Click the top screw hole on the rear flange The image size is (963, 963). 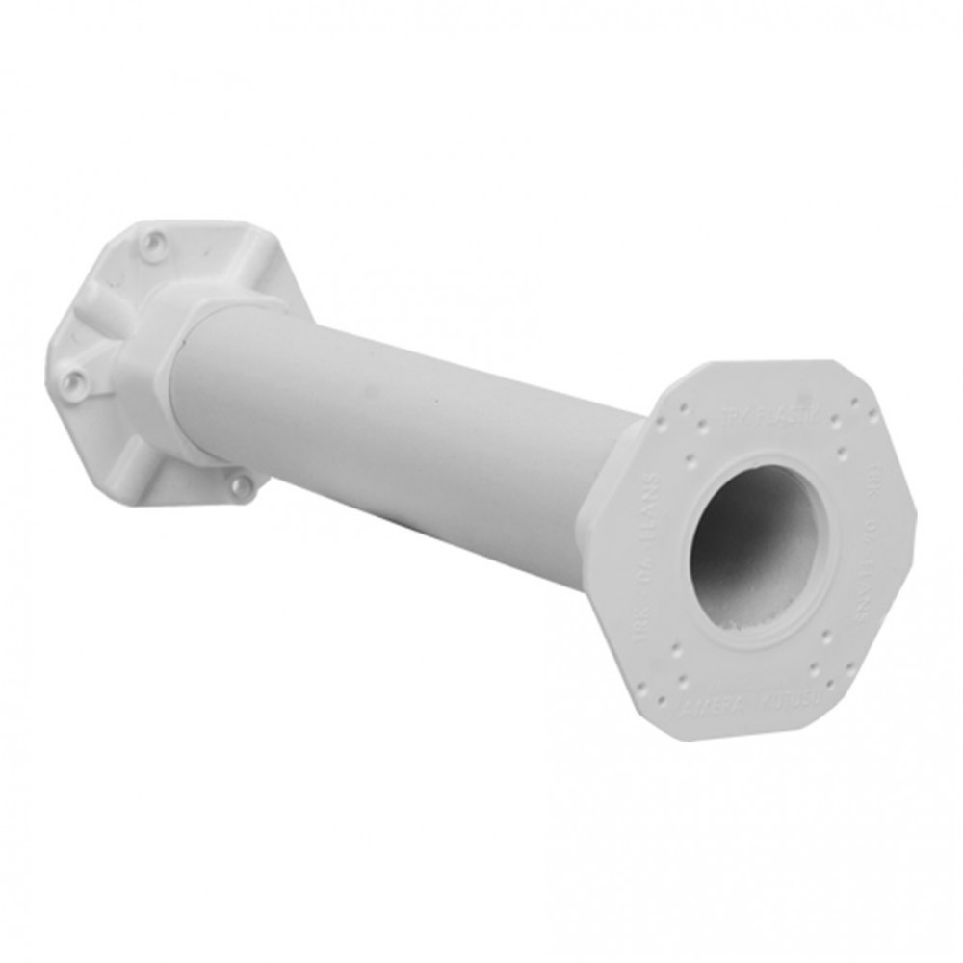tap(150, 240)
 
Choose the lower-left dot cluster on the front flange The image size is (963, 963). tap(675, 664)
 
